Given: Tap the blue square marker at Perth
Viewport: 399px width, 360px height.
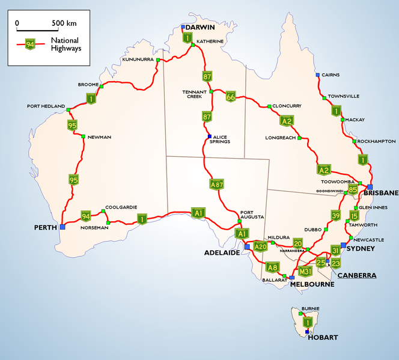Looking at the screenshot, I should (62, 227).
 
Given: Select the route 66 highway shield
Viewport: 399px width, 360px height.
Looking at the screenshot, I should (231, 96).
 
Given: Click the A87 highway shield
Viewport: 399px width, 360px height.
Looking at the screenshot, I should (217, 185).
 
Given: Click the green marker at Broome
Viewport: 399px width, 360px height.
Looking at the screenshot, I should (102, 87).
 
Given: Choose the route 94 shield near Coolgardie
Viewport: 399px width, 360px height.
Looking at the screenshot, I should (86, 216).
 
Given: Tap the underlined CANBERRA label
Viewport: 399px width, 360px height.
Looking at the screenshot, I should (357, 275).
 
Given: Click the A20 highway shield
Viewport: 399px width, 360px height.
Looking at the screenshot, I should (260, 246).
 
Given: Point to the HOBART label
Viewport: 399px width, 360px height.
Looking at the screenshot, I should (323, 337).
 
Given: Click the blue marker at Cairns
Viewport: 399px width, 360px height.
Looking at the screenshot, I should (317, 75).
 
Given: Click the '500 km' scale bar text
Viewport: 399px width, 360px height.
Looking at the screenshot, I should (64, 23).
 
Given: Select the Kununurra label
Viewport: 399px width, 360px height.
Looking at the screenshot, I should (138, 60).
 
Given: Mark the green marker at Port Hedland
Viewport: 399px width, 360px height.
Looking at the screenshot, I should (69, 110).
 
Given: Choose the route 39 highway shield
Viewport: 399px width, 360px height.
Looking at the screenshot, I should (336, 216).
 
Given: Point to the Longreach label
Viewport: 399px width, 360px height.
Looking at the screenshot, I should (280, 138).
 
